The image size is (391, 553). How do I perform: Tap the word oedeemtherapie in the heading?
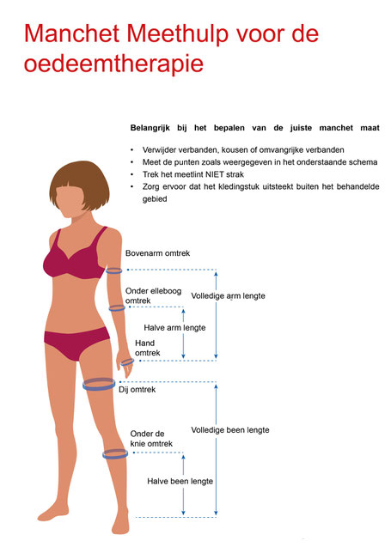[x=113, y=64]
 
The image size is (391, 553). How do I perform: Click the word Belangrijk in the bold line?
[x=150, y=128]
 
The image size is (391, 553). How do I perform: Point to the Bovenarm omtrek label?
[x=158, y=253]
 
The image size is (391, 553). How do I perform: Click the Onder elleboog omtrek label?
[x=154, y=295]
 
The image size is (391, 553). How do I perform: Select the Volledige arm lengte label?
[x=228, y=296]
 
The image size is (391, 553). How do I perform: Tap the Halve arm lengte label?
[x=174, y=328]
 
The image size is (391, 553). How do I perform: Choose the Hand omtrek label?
[x=148, y=348]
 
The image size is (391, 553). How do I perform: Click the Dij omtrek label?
[x=137, y=390]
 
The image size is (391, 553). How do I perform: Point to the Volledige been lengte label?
[x=230, y=430]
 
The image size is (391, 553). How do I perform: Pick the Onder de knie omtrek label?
[x=151, y=439]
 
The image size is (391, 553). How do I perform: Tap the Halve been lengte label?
[x=180, y=482]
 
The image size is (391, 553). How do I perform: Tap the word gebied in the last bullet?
[x=155, y=199]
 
